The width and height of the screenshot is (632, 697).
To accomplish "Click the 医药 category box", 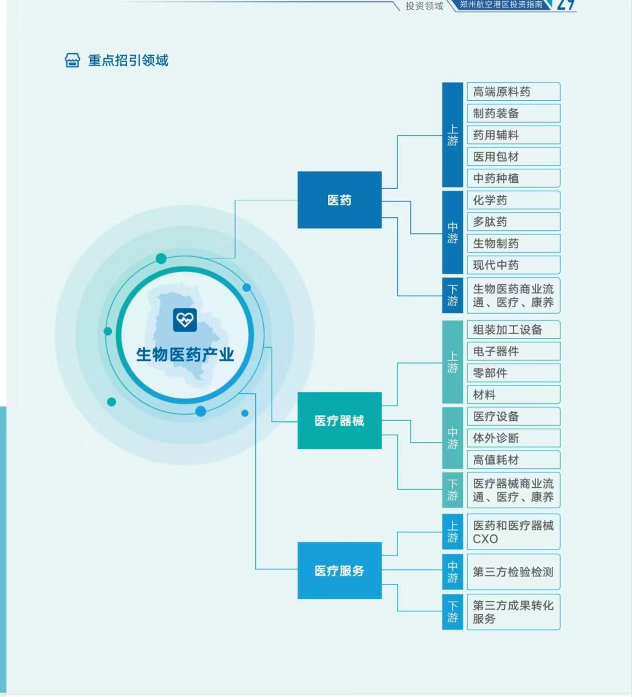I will (x=339, y=200).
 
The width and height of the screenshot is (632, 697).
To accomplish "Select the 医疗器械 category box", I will (x=339, y=421).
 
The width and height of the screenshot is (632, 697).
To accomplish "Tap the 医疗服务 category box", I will (x=339, y=571).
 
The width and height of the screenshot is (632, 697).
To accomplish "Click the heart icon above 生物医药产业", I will (x=185, y=320).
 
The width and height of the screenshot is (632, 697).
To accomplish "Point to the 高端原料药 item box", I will (x=513, y=92).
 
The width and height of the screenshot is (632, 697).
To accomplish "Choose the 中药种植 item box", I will (x=513, y=179).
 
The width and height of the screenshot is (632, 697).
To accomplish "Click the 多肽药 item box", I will (x=513, y=222).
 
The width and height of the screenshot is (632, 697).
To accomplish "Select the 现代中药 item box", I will (x=513, y=265).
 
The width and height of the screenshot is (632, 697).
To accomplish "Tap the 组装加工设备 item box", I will (x=513, y=330).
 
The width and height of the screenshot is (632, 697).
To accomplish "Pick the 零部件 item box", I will (x=513, y=373).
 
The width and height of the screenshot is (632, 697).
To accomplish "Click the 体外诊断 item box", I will (x=513, y=438).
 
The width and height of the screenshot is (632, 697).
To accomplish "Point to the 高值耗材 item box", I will (x=513, y=460).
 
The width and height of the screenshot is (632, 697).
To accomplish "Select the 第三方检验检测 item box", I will (x=513, y=572).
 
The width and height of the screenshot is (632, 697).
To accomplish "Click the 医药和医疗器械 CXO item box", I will (x=513, y=532).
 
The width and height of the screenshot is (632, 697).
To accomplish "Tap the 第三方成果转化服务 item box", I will (x=513, y=612).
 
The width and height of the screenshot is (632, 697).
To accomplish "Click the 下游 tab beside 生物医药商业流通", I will (x=453, y=295).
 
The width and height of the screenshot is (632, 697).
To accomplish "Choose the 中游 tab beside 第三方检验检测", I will (x=453, y=572).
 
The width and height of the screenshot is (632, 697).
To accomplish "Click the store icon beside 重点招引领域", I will (x=72, y=61).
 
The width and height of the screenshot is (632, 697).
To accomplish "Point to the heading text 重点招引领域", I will (x=128, y=61).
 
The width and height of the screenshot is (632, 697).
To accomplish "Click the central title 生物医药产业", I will (x=185, y=355).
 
